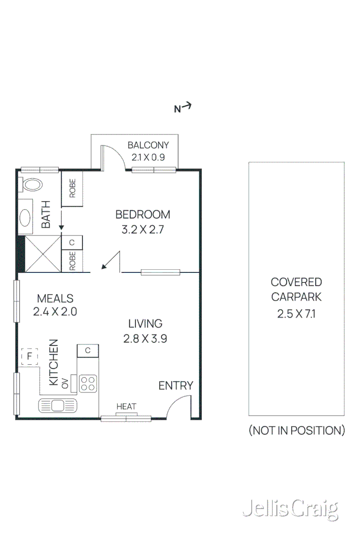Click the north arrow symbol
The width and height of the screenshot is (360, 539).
[183, 107]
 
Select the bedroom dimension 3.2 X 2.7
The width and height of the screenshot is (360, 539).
[143, 229]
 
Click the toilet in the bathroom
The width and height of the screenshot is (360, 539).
[32, 185]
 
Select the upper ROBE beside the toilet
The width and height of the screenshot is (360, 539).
[72, 188]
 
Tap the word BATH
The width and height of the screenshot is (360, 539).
[46, 215]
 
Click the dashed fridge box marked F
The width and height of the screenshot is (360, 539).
[30, 357]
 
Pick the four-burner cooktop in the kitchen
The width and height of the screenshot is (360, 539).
[88, 383]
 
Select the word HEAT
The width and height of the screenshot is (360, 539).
[126, 407]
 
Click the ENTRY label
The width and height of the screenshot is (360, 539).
[175, 386]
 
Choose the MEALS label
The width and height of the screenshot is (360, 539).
[55, 299]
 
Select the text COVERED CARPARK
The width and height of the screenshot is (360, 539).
[296, 289]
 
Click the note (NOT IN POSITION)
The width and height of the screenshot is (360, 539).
[296, 430]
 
